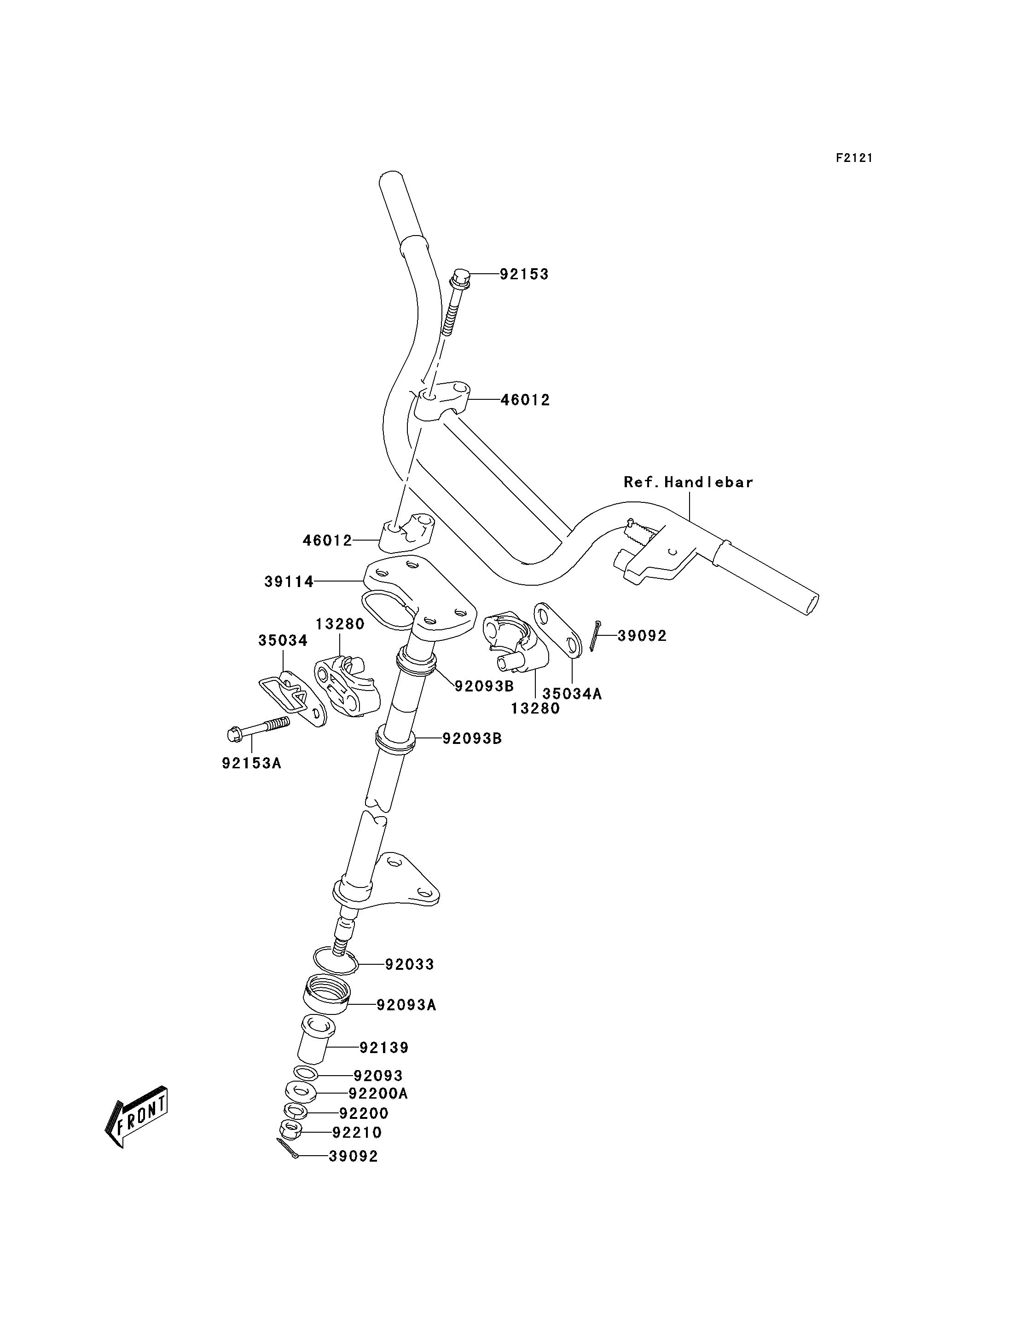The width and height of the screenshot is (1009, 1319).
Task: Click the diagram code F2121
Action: (854, 158)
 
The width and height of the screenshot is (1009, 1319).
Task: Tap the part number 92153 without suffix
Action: (524, 274)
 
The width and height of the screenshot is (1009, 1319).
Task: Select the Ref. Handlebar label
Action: (688, 482)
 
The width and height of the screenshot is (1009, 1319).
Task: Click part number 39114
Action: (289, 582)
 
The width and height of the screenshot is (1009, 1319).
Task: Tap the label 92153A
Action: (252, 764)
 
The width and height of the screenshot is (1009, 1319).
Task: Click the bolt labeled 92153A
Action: (258, 728)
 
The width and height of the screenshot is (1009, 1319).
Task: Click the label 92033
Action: (409, 965)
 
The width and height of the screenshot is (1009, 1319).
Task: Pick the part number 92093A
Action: (406, 1005)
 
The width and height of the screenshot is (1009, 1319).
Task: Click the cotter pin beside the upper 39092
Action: (595, 636)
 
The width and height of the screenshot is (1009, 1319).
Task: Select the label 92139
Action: (384, 1048)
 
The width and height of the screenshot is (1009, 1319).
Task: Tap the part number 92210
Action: (357, 1133)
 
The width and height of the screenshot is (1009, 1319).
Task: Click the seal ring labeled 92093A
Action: (327, 996)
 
